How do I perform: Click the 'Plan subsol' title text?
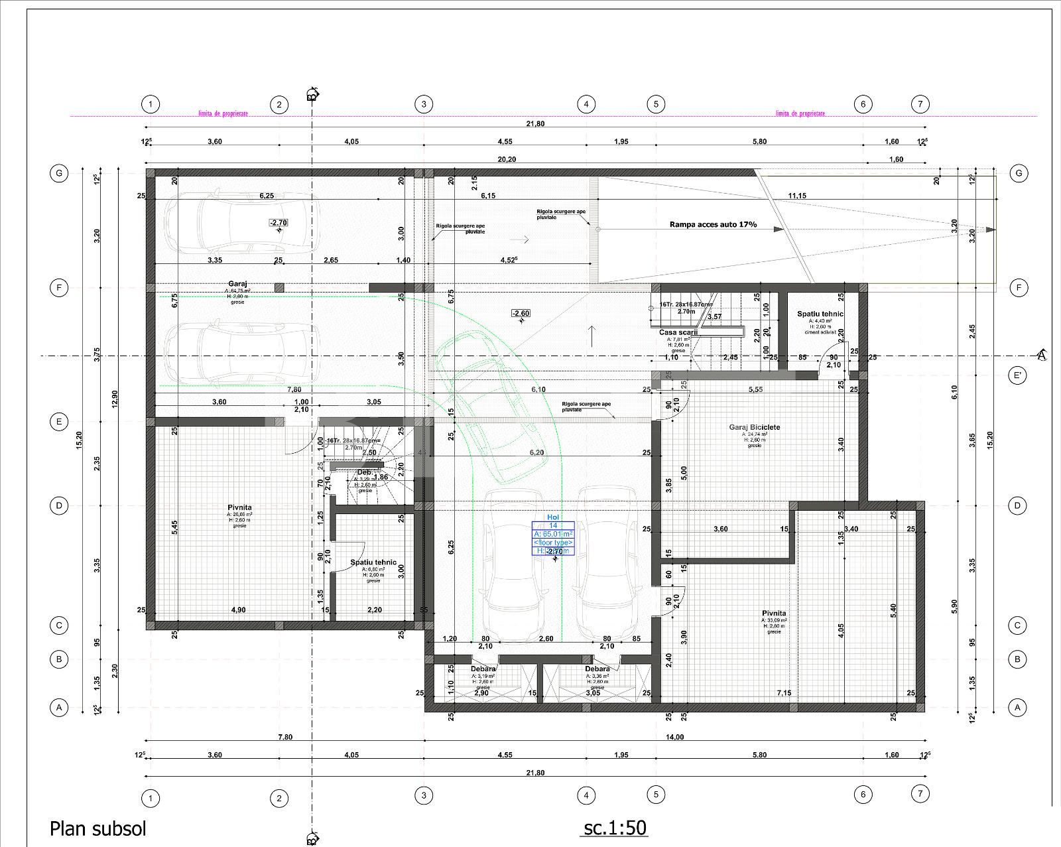click(x=97, y=828)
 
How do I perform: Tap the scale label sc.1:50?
click(x=615, y=827)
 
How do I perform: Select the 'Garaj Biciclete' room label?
click(x=755, y=428)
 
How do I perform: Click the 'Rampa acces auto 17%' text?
click(x=713, y=225)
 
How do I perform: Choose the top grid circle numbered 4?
click(x=586, y=104)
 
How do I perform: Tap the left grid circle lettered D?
click(x=59, y=505)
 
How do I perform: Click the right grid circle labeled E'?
click(x=1017, y=375)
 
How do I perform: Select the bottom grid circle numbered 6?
click(x=863, y=794)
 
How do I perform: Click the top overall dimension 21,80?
click(x=535, y=124)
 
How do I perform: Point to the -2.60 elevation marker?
click(x=521, y=313)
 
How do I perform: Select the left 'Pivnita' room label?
click(x=239, y=507)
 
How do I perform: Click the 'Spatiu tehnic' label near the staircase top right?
click(x=820, y=314)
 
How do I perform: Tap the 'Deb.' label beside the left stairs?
click(x=364, y=472)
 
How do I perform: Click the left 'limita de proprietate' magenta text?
click(x=223, y=113)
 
